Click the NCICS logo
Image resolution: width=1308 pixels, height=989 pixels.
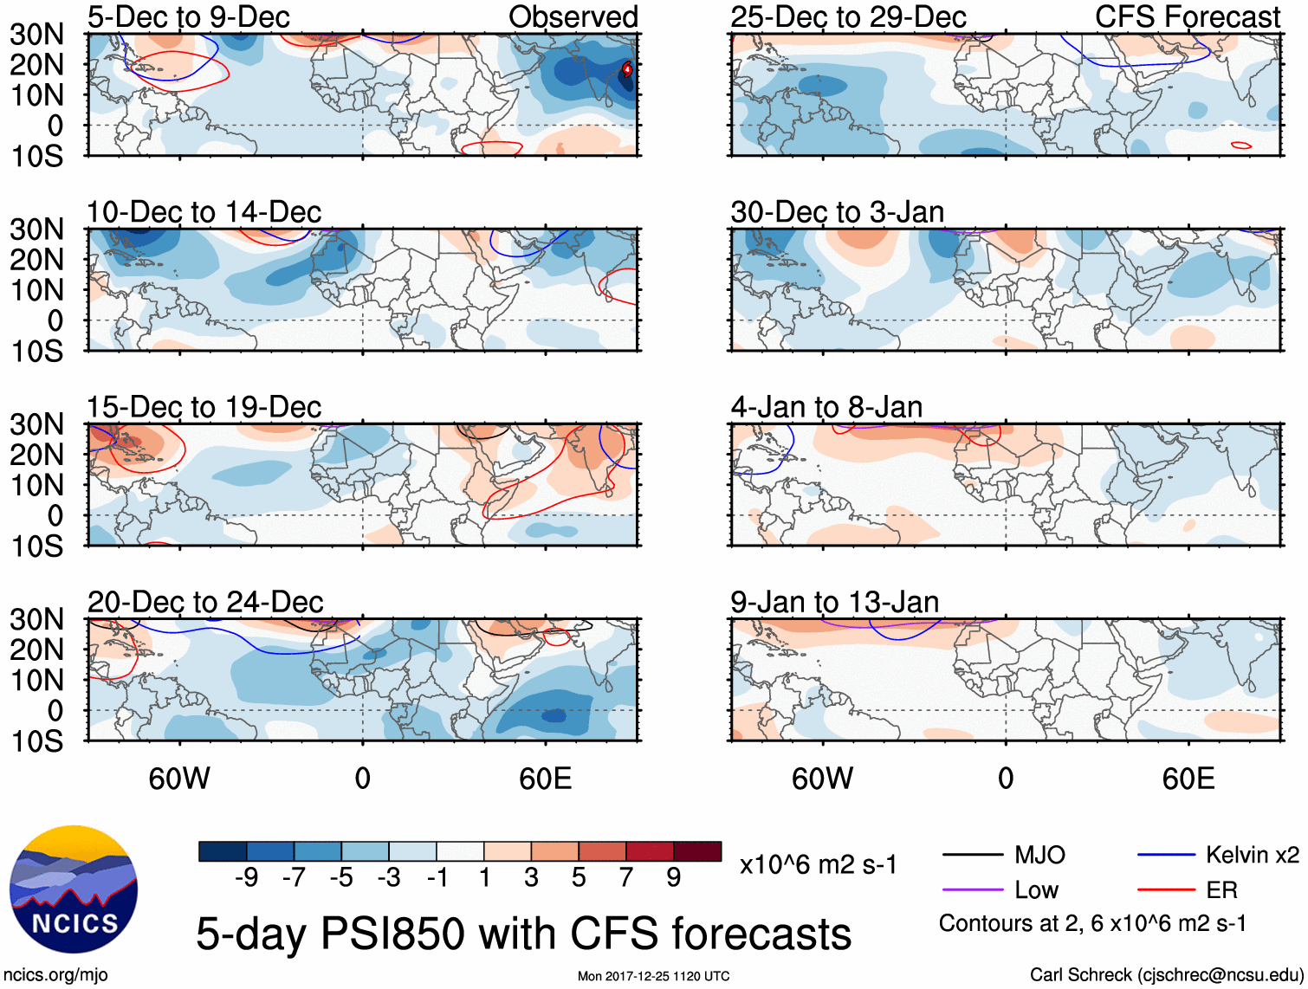point(74,889)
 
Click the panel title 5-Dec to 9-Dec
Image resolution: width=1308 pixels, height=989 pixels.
point(188,16)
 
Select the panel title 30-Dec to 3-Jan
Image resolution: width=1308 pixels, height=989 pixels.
point(837,212)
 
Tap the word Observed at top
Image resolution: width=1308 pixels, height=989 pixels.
point(573,16)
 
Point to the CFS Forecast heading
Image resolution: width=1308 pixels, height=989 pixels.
point(1187,16)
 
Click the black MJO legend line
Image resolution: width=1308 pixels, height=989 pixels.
point(972,856)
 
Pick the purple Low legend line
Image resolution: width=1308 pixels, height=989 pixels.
point(972,889)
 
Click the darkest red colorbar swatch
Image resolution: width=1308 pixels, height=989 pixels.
point(697,851)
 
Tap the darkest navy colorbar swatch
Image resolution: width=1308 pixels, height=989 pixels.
point(223,851)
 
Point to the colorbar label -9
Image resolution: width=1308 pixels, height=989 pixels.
point(246,878)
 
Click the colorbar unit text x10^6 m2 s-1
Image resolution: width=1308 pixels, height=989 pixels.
point(818,865)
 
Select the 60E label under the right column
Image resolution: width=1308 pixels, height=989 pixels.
point(1188,779)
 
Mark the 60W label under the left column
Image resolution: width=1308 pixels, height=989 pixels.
point(179,779)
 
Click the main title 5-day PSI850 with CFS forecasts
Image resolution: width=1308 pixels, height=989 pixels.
point(523,934)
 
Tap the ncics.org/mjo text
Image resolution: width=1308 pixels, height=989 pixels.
point(55,975)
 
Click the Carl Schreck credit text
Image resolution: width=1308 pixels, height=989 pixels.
point(1164,975)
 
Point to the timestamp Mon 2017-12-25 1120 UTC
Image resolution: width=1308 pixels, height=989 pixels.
point(653,977)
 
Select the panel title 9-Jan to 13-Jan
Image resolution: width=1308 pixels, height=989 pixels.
point(834,602)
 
